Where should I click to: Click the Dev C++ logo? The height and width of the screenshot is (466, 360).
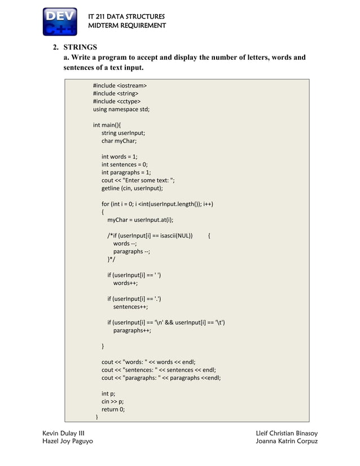[x=60, y=21]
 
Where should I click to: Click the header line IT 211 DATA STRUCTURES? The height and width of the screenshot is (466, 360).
[x=126, y=16]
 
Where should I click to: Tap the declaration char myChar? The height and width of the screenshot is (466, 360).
[x=118, y=141]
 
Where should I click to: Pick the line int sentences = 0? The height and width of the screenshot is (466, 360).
[x=124, y=165]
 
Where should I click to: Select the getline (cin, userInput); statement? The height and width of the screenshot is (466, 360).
[x=132, y=188]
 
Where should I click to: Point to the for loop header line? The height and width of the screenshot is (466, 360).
[x=157, y=204]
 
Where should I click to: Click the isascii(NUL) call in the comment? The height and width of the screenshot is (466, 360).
[x=176, y=235]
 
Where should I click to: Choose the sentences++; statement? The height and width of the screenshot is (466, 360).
[x=130, y=307]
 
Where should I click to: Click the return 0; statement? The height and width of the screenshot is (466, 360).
[x=113, y=410]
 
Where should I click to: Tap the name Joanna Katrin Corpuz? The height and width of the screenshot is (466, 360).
[x=287, y=441]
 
